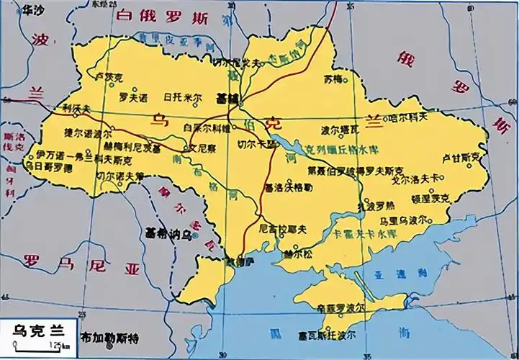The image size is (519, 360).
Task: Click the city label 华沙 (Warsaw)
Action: [33, 10]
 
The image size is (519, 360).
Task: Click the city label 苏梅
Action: [334, 77]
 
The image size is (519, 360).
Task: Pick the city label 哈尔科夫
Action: [408, 115]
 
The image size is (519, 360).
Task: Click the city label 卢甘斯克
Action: [460, 156]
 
